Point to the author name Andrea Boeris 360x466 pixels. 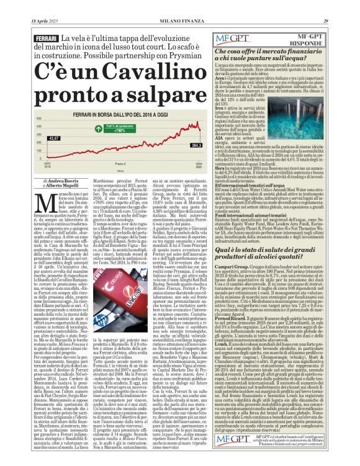[x=54, y=181]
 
